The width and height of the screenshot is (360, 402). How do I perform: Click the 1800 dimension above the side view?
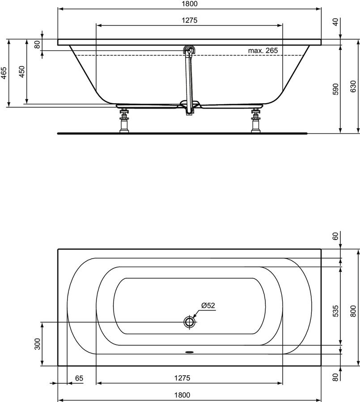[190, 4]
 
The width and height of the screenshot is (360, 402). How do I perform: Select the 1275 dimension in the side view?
[190, 20]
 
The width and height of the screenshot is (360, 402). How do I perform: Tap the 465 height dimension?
[4, 73]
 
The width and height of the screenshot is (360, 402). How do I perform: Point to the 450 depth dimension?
[22, 71]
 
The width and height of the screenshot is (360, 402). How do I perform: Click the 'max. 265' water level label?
[263, 50]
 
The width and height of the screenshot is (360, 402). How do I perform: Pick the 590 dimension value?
[335, 89]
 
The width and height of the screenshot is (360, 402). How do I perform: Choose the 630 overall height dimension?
[353, 86]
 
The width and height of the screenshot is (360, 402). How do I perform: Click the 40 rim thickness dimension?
[335, 22]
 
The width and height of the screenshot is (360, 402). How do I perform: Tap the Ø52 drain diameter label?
[208, 306]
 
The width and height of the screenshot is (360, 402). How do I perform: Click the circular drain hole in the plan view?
[190, 322]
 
